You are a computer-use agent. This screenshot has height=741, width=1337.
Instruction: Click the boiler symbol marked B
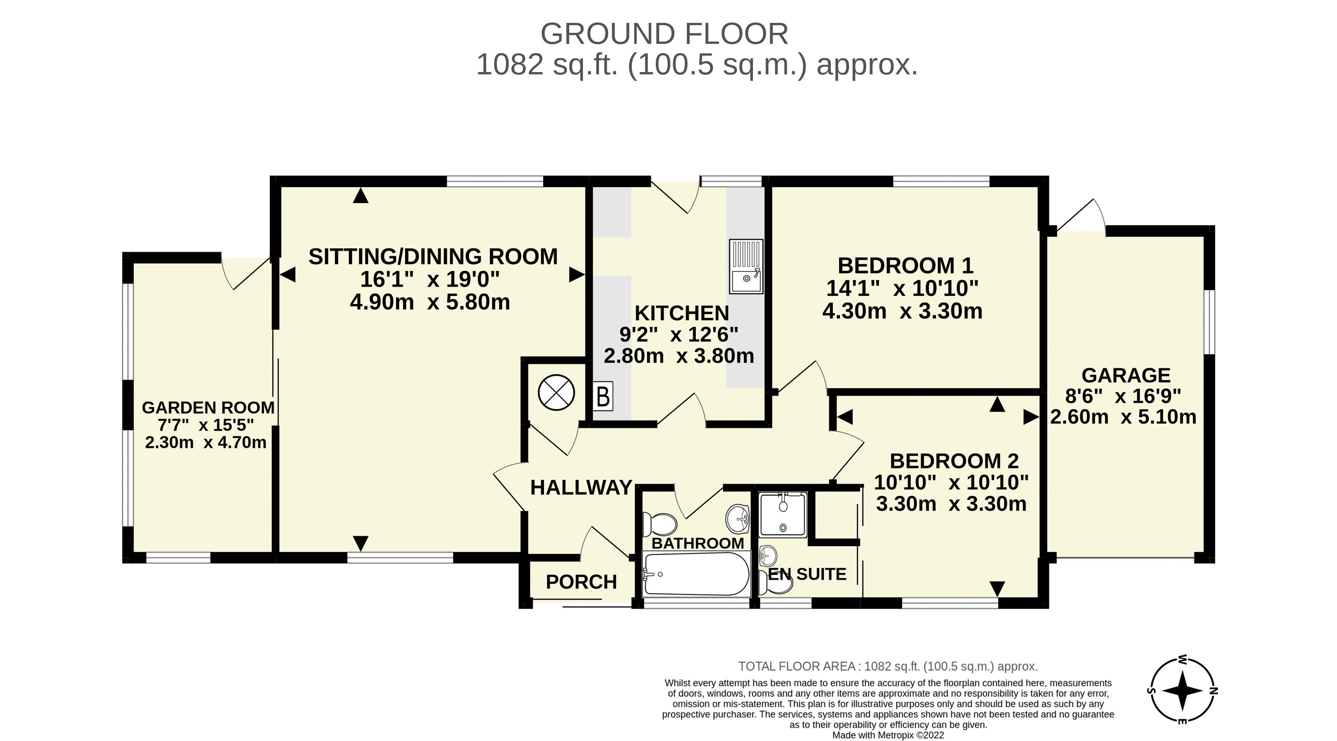pyautogui.click(x=603, y=396)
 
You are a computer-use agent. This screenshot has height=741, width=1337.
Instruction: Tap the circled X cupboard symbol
pyautogui.click(x=556, y=392)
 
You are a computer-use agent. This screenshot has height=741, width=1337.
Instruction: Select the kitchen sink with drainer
pyautogui.click(x=746, y=267)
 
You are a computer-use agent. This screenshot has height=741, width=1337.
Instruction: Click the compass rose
pyautogui.click(x=1182, y=691)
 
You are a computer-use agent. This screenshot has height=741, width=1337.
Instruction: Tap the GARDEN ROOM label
pyautogui.click(x=208, y=408)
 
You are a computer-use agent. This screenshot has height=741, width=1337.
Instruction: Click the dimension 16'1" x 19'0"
pyautogui.click(x=430, y=280)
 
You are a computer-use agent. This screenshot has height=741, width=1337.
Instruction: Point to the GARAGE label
pyautogui.click(x=1126, y=375)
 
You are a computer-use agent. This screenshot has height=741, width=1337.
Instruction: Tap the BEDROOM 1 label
pyautogui.click(x=905, y=265)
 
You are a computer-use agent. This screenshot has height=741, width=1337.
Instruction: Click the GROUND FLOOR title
pyautogui.click(x=664, y=34)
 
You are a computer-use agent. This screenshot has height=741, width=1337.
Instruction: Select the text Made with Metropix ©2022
pyautogui.click(x=888, y=735)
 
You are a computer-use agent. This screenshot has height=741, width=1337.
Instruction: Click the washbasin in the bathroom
pyautogui.click(x=738, y=519)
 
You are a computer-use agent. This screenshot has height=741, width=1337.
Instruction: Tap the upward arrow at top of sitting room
pyautogui.click(x=360, y=196)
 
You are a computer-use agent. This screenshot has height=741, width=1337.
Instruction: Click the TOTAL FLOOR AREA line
pyautogui.click(x=888, y=666)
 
